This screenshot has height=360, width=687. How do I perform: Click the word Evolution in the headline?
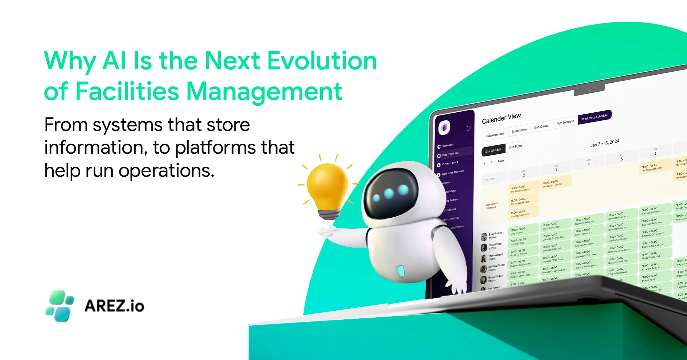tap(322, 61)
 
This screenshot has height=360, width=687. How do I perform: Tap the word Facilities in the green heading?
tap(127, 92)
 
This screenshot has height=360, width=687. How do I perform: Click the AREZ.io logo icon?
tap(60, 306)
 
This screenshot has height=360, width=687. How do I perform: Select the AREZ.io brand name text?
tap(114, 306)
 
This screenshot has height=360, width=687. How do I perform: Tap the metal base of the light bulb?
tap(330, 214)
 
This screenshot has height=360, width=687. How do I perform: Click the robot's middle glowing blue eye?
tap(389, 194)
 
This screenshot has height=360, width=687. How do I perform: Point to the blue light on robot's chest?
tap(400, 271)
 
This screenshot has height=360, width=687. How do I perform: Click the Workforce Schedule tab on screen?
tap(594, 117)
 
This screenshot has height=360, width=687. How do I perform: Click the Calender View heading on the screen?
tap(501, 119)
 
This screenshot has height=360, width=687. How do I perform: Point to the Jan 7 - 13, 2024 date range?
tap(604, 143)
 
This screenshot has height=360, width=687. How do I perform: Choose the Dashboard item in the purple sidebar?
tap(448, 145)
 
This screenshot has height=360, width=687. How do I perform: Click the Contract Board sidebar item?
tap(450, 163)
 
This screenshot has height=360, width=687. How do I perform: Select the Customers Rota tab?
tap(495, 135)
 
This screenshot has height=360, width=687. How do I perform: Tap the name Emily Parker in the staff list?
tap(495, 234)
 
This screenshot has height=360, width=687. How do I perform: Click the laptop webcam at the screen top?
tap(589, 90)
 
